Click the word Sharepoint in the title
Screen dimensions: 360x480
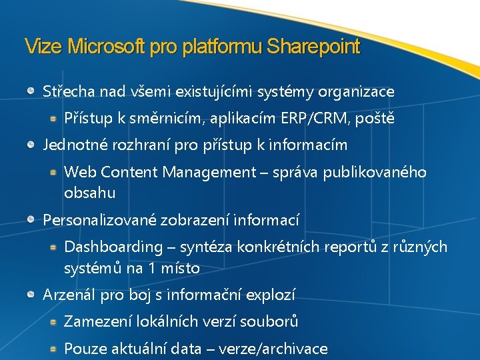tap(313, 47)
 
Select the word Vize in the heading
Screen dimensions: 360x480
tap(43, 47)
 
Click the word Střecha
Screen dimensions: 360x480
tap(68, 91)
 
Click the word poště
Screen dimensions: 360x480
tap(377, 119)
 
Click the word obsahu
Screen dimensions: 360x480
tap(89, 193)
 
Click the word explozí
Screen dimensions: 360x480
tap(270, 295)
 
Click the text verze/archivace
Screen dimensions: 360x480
tap(275, 349)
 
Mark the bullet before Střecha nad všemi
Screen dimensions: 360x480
tap(32, 90)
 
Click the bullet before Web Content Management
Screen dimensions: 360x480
tap(53, 171)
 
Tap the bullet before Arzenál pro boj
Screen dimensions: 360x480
tap(32, 293)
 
